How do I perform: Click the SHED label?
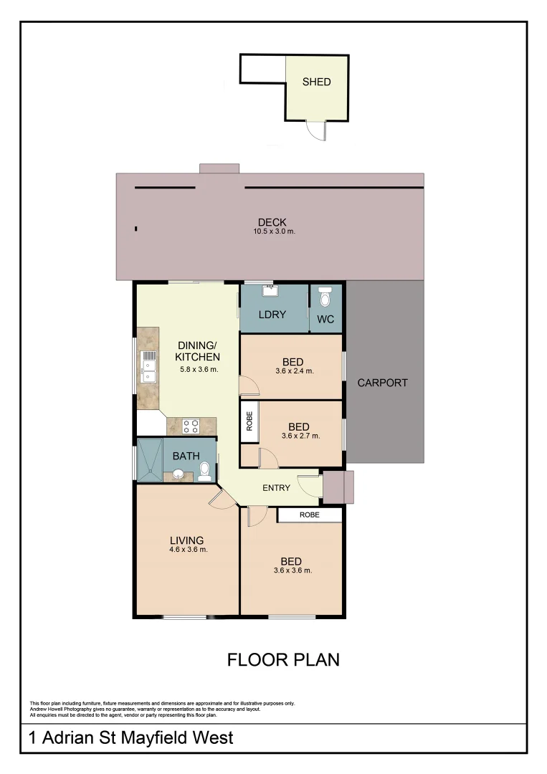316,82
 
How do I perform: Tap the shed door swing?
316,130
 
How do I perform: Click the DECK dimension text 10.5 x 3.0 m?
274,231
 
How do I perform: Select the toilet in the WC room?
325,296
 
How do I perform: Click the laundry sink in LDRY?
270,291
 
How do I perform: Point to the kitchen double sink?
149,365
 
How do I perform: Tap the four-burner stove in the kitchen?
191,426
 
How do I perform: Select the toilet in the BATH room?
204,469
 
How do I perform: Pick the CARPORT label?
382,383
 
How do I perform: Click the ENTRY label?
276,488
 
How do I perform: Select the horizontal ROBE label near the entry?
310,515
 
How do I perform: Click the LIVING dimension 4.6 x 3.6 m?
188,550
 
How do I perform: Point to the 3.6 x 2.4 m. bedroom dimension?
294,371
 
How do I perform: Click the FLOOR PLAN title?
283,659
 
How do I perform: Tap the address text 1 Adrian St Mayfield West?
130,737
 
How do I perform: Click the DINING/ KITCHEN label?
198,351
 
